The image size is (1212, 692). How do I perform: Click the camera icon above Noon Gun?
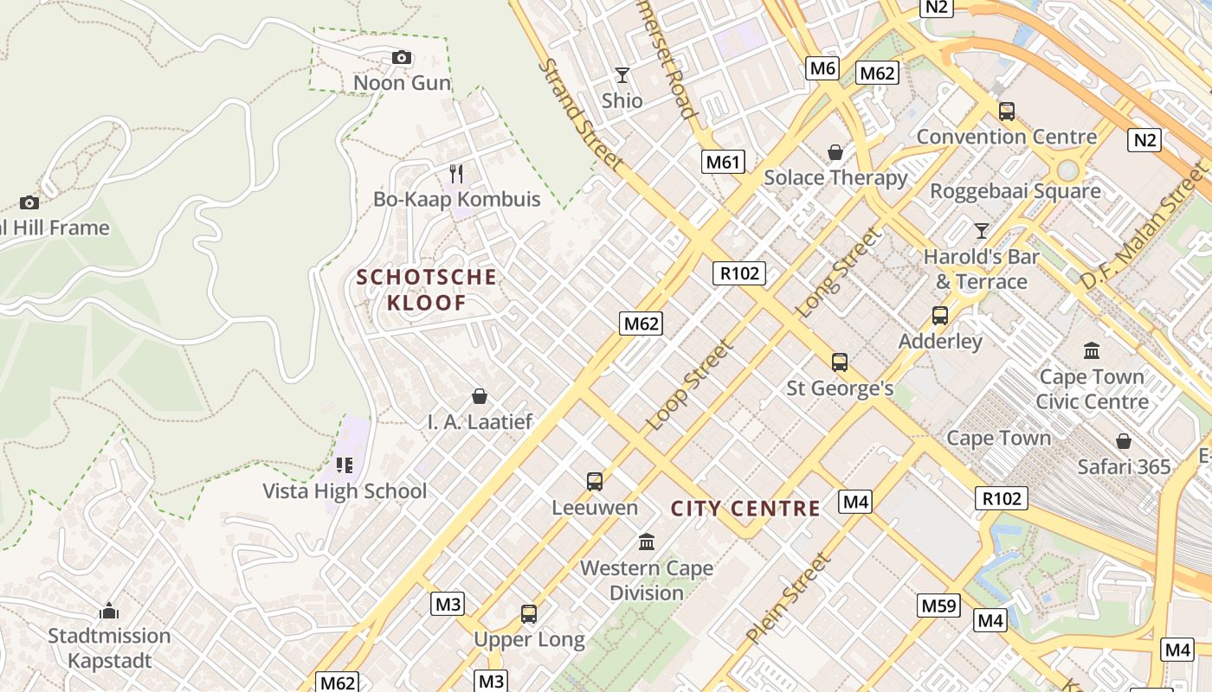[x=401, y=58]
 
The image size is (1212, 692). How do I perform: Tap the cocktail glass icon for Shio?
[x=622, y=75]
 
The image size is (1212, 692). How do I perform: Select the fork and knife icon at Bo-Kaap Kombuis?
[x=456, y=174]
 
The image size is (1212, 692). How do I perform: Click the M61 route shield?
[x=723, y=162]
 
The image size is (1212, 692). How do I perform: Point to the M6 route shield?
[x=822, y=68]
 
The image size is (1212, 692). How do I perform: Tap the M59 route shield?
[x=938, y=605]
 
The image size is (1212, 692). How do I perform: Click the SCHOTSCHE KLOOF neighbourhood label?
[x=427, y=290]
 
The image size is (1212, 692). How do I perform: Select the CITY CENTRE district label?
[x=745, y=509]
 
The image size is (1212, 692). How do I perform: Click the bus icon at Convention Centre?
[x=1006, y=112]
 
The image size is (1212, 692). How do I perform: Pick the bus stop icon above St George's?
[x=839, y=362]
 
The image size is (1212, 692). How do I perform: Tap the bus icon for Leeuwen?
[x=595, y=482]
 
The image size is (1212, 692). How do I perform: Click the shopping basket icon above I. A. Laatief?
[x=479, y=397]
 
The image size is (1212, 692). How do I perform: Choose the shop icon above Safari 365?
[x=1124, y=442]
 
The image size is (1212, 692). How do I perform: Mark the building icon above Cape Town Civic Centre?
[x=1092, y=351]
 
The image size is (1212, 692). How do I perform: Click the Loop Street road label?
[x=690, y=386]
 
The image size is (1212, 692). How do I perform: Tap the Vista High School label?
[x=345, y=491]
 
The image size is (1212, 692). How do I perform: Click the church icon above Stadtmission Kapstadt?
[x=109, y=612]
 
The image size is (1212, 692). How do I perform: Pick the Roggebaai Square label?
[x=1015, y=191]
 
